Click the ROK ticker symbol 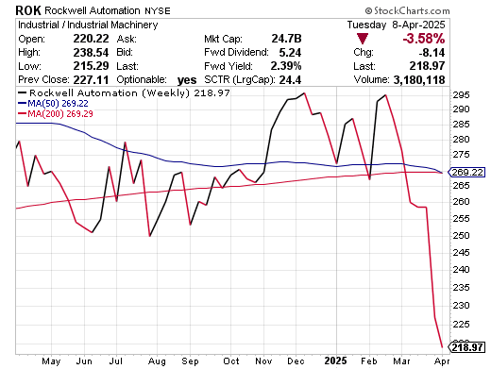(28, 10)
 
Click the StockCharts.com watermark (408, 11)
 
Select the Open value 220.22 (91, 39)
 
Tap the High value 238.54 (91, 52)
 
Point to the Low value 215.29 (91, 66)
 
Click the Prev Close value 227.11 (91, 79)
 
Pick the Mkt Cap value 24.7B (286, 39)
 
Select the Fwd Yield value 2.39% (286, 66)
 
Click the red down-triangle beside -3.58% (363, 39)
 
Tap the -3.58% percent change (424, 39)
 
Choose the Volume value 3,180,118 (419, 80)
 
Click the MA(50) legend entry (53, 103)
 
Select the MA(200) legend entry (56, 113)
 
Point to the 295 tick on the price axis (461, 95)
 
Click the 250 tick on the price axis (461, 235)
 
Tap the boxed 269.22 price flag (466, 173)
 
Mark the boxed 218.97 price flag (466, 347)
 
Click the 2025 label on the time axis (336, 361)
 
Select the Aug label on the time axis (157, 361)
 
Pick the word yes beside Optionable (187, 80)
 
